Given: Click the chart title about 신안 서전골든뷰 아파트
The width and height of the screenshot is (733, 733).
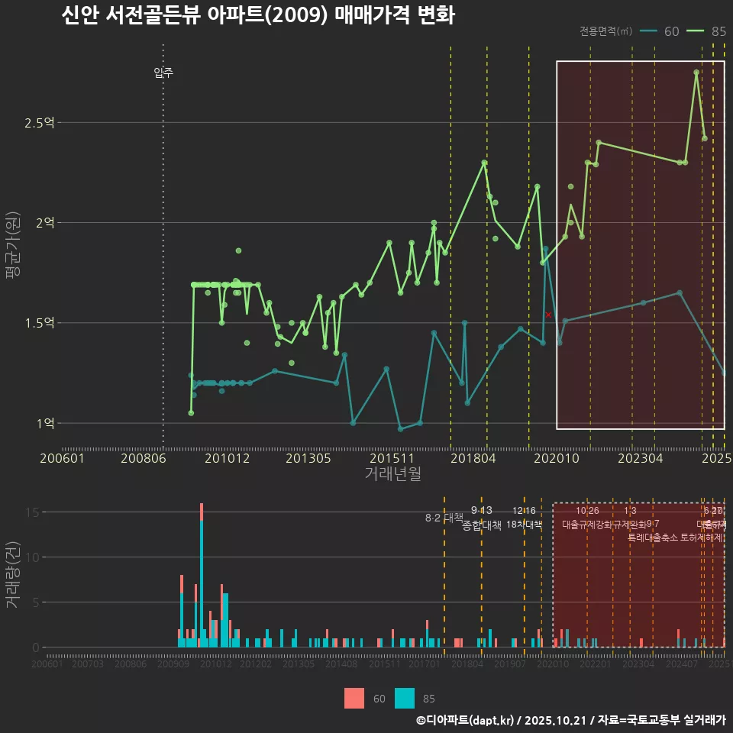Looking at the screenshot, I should pyautogui.click(x=257, y=15).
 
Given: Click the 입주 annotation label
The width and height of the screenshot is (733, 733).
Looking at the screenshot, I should pyautogui.click(x=163, y=73).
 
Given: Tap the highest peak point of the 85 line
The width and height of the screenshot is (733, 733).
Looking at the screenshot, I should pyautogui.click(x=696, y=73).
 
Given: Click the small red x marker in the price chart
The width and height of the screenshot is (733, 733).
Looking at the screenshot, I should pyautogui.click(x=548, y=315).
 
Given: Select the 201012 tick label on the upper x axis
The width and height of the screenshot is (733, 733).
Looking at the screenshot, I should pyautogui.click(x=227, y=459).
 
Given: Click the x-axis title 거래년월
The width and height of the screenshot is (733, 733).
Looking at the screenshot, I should pyautogui.click(x=392, y=474).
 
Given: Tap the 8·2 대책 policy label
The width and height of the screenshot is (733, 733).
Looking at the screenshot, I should pyautogui.click(x=444, y=518).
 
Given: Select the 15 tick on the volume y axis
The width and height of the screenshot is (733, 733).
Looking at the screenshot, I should pyautogui.click(x=31, y=512).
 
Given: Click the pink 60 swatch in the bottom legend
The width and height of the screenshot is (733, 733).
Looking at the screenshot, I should pyautogui.click(x=354, y=698).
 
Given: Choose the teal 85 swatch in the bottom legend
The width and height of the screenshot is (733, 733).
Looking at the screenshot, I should pyautogui.click(x=405, y=698).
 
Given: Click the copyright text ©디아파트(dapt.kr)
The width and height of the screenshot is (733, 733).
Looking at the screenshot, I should pyautogui.click(x=466, y=720).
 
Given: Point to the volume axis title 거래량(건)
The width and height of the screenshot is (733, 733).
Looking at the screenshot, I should pyautogui.click(x=12, y=576).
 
